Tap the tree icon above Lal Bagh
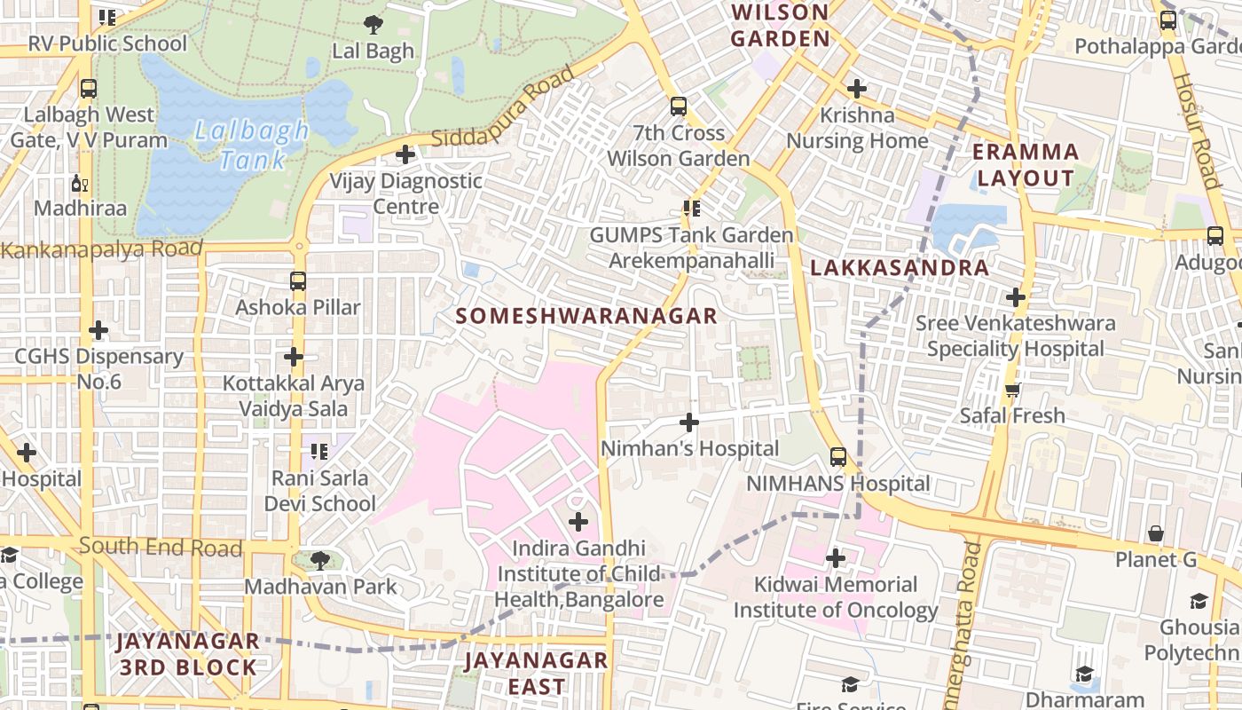(x=373, y=24)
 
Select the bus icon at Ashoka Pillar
(x=298, y=281)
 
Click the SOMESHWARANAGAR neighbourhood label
(x=586, y=316)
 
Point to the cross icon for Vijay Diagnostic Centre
(x=405, y=154)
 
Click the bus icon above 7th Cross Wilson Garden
(x=679, y=106)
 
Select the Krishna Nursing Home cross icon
(x=856, y=89)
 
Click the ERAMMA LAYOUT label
(x=1026, y=165)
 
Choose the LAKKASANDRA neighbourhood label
(x=900, y=268)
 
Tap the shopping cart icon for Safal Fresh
(x=1012, y=390)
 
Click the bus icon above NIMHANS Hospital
(x=838, y=457)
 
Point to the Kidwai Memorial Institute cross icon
(x=836, y=558)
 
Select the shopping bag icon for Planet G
(x=1155, y=533)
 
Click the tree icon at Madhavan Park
(x=321, y=560)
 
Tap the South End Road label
(x=161, y=547)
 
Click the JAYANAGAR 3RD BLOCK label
(x=187, y=654)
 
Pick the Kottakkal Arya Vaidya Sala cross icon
(x=294, y=357)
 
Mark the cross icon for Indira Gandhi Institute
(x=578, y=522)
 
